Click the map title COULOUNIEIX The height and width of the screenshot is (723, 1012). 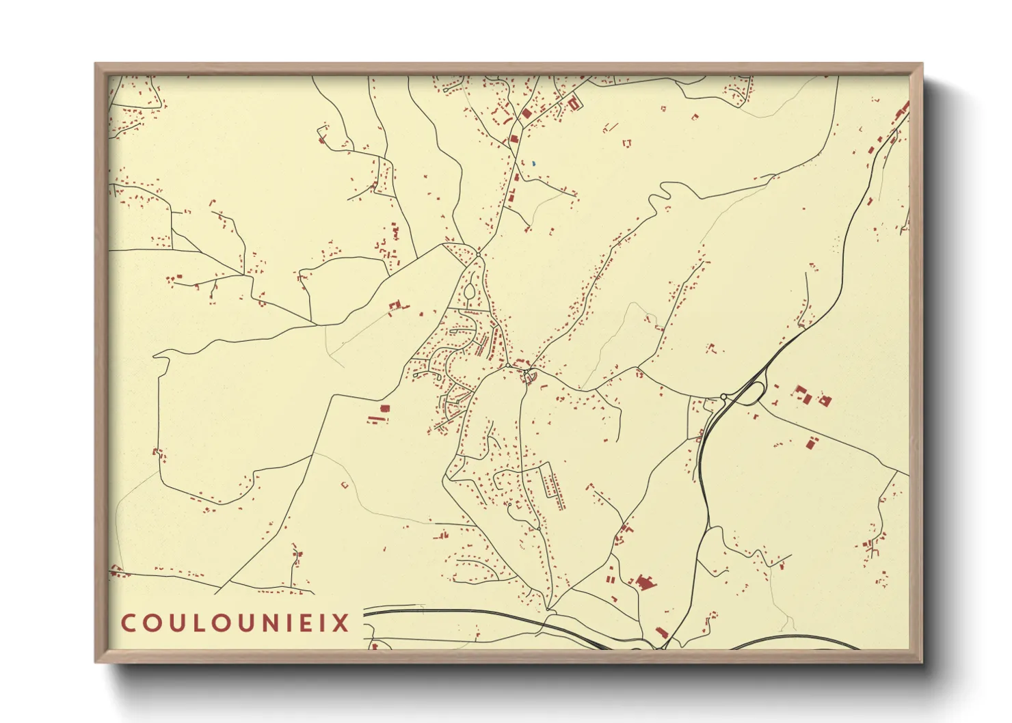point(235,623)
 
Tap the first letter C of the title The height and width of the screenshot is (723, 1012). point(128,623)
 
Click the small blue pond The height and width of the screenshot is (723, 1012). point(533,164)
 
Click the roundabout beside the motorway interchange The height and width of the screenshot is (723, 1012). point(723,396)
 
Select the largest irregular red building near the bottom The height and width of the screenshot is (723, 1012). point(644,583)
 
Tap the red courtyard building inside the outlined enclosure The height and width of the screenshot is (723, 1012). point(574,103)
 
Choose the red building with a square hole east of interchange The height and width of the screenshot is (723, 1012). point(825,400)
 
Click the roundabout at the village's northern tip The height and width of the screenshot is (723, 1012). point(479,255)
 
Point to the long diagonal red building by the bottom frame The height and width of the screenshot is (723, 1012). point(661,633)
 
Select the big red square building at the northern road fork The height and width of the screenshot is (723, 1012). point(527,113)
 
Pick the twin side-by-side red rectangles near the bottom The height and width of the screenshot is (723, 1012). point(611,579)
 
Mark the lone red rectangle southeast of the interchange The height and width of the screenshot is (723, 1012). point(812,444)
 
